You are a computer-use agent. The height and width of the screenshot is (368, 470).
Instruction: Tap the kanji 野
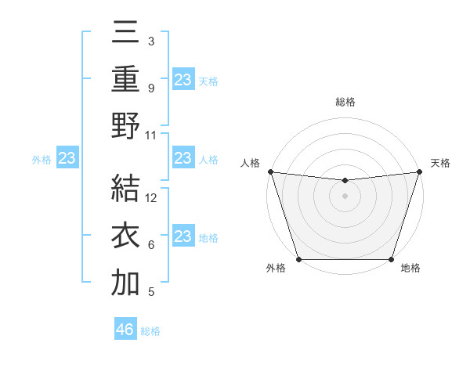(125, 125)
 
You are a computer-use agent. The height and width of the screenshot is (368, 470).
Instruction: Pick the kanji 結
(125, 190)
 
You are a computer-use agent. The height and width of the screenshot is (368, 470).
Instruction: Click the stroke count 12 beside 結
(152, 198)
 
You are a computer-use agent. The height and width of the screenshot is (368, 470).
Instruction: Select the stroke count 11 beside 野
(152, 135)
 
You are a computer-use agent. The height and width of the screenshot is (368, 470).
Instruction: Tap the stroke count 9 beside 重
(150, 88)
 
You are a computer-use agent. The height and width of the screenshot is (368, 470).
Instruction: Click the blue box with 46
(125, 330)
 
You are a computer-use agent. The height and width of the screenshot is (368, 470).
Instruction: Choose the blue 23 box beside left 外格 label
(67, 159)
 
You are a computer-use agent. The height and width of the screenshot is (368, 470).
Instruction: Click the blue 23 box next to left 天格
(183, 79)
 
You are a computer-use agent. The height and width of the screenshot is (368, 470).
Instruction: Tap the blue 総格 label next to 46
(150, 331)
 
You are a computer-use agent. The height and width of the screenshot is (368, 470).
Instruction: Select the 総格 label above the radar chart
(345, 102)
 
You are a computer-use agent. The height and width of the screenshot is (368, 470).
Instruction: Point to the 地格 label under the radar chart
(410, 268)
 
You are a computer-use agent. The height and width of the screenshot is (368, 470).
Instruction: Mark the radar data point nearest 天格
(419, 171)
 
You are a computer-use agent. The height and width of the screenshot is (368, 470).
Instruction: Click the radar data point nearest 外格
(298, 259)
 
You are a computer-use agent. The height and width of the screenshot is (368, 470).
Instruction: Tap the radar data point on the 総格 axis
(345, 181)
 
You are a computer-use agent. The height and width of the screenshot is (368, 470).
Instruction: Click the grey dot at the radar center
(345, 196)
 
